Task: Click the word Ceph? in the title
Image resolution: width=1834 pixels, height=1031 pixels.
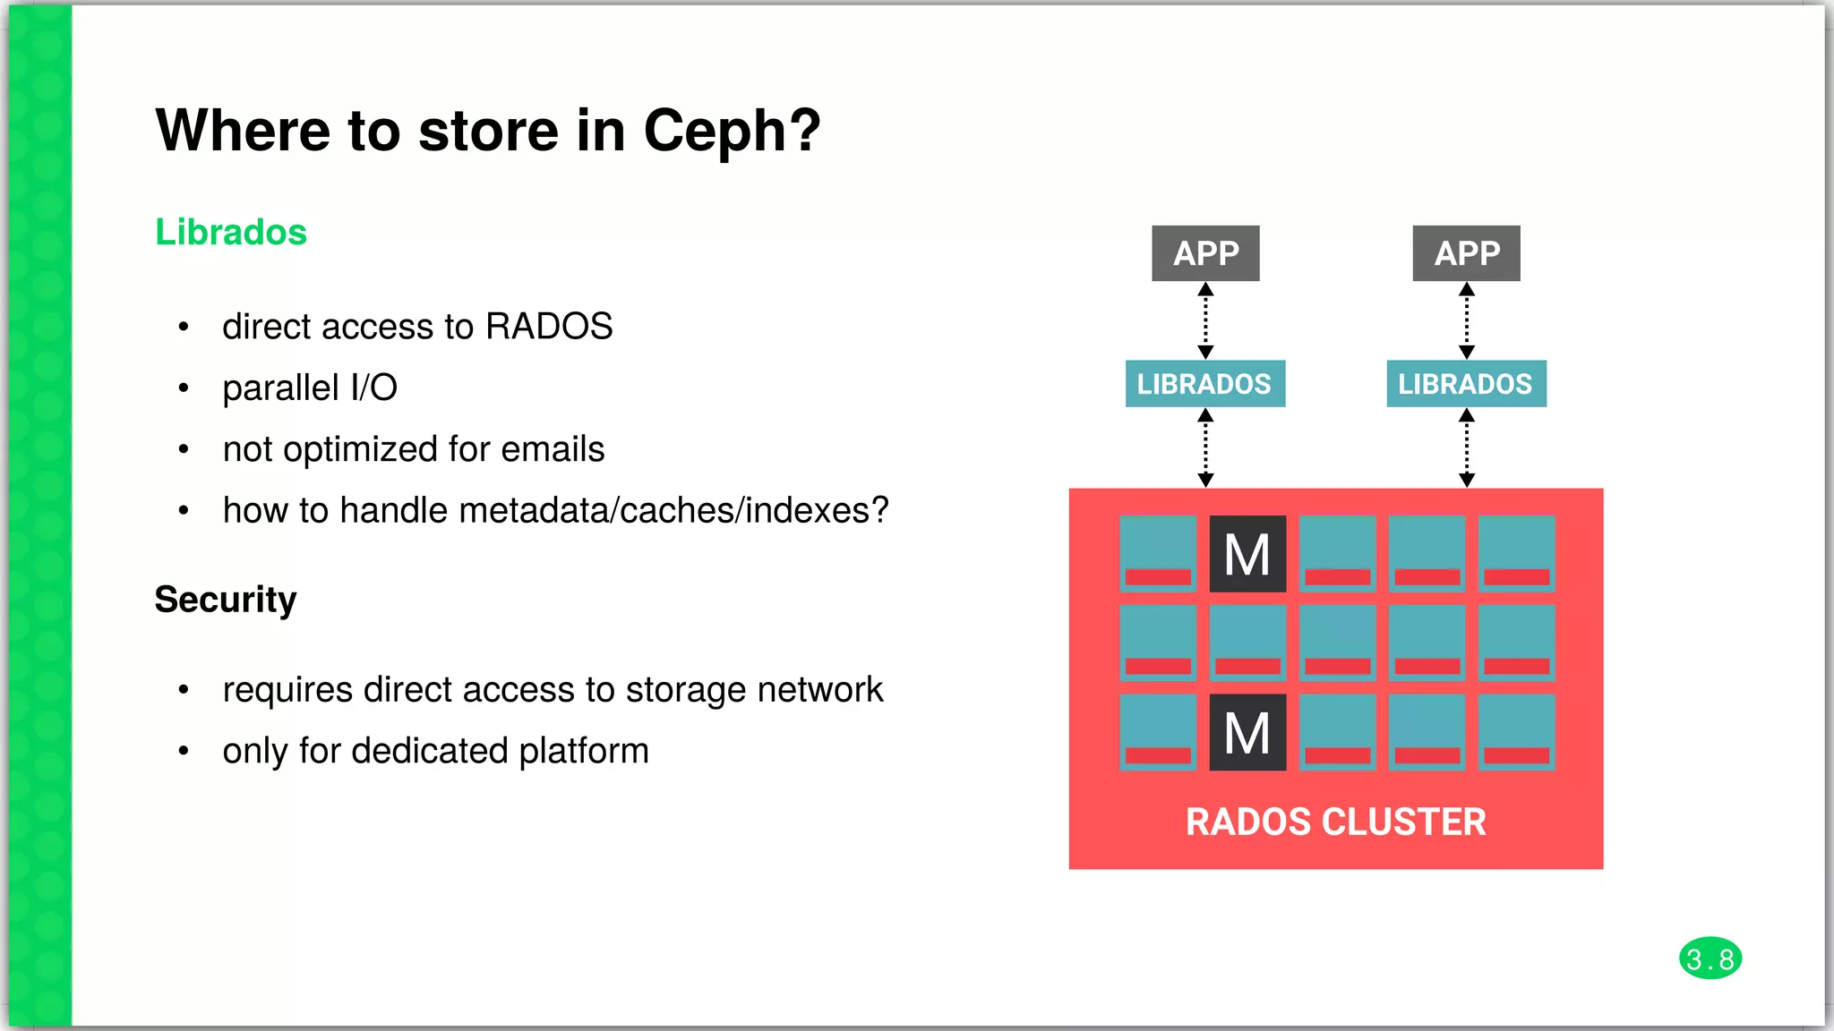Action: click(731, 132)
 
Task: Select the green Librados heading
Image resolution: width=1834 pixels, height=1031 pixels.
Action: click(231, 233)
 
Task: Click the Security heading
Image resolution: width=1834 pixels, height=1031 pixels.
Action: click(226, 600)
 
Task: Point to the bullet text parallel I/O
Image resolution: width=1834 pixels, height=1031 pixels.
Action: click(310, 388)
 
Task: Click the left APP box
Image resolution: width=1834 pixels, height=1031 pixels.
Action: click(1205, 253)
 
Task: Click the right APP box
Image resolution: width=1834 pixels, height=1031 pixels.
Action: click(1466, 253)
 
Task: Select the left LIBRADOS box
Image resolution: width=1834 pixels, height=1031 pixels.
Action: click(1204, 384)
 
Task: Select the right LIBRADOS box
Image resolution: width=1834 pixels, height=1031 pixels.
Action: click(1466, 384)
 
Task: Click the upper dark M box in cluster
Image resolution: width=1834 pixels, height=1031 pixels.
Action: click(1247, 554)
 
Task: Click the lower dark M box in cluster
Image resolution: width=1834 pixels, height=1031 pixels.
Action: click(1247, 733)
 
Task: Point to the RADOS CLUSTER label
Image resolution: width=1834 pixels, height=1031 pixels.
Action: click(1335, 822)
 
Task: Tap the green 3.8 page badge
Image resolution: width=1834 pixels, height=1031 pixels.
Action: click(1710, 959)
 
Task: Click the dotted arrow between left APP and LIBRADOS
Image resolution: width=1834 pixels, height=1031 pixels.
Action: click(1205, 320)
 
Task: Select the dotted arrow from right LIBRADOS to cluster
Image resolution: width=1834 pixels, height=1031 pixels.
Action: click(1466, 447)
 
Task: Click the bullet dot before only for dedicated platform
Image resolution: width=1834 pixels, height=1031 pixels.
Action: click(184, 751)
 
